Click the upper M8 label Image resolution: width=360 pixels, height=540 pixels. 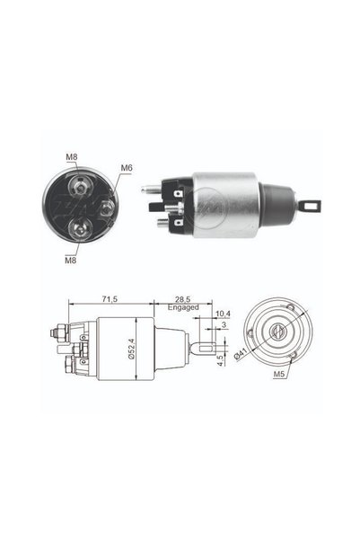click(72, 156)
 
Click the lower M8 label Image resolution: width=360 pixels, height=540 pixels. click(71, 260)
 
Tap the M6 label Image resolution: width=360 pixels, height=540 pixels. click(127, 168)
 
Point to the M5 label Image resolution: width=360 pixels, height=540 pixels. click(279, 374)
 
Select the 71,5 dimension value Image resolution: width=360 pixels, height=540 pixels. click(110, 299)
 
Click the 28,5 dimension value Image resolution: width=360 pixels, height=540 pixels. click(182, 299)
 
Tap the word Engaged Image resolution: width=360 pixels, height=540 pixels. click(183, 307)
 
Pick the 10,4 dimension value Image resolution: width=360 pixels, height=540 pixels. click(223, 314)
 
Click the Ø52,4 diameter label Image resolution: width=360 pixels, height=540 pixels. click(131, 349)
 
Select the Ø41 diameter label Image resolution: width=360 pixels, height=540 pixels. click(241, 354)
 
